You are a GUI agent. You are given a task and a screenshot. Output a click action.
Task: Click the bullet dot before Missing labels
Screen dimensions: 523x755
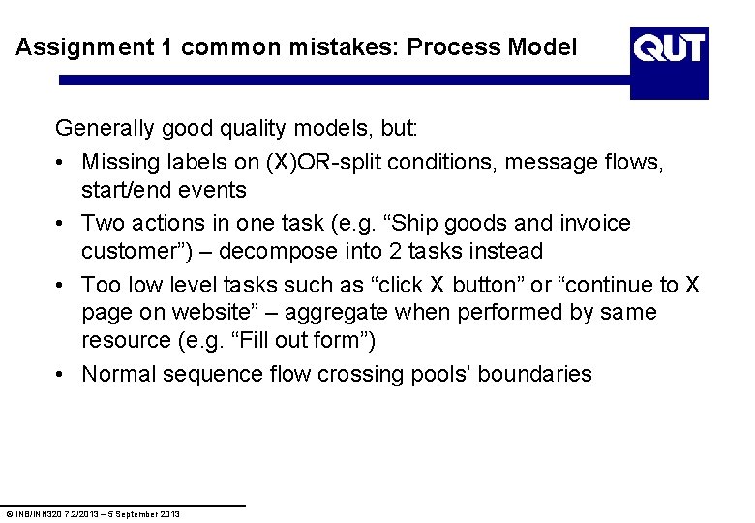click(x=61, y=163)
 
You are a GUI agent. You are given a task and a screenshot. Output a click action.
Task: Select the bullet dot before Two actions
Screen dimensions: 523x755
click(x=61, y=224)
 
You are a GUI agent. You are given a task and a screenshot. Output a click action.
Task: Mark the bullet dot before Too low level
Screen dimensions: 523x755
click(x=61, y=286)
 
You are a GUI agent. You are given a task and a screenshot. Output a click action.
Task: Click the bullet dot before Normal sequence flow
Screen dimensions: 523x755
click(x=61, y=375)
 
